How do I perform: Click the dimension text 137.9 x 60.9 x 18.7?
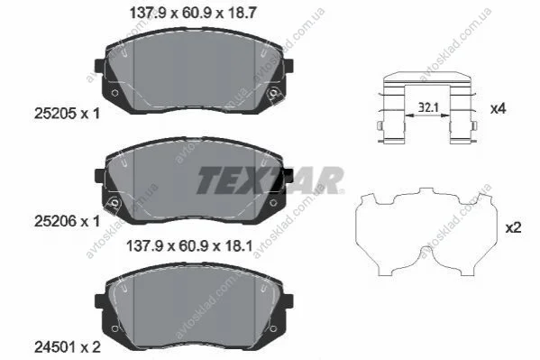193,14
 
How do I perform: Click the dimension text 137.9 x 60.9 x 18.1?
189,246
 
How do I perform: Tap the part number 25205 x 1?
67,113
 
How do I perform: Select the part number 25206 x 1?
67,221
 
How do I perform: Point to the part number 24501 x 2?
68,346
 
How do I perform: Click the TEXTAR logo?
270,180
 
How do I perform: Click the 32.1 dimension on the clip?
428,107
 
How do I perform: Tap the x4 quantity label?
498,109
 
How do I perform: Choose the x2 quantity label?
513,227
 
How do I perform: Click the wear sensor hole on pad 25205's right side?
274,93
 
